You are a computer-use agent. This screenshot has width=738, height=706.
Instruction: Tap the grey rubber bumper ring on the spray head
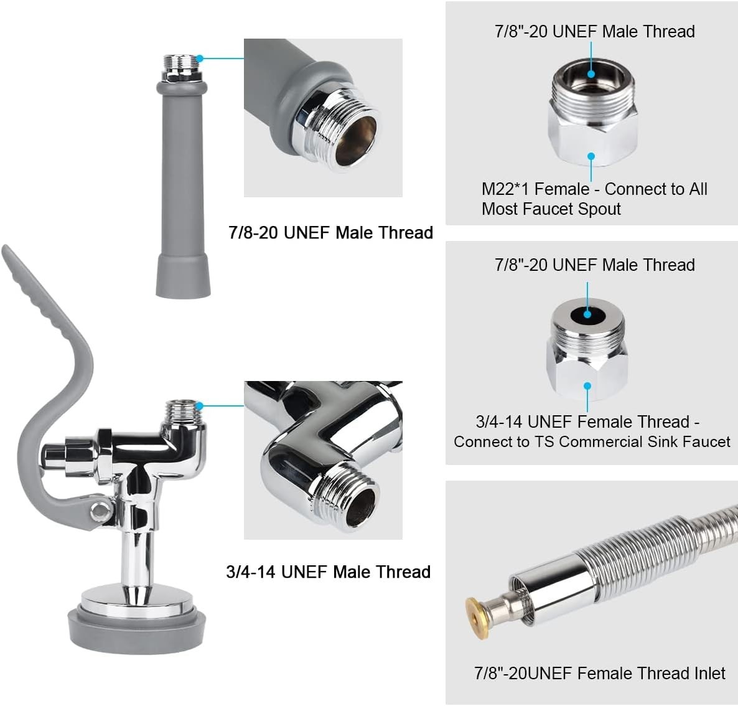coord(137,629)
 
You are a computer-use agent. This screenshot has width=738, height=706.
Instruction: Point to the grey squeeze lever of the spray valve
coord(52,377)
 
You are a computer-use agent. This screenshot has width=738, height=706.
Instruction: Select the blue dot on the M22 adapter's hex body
coord(591,156)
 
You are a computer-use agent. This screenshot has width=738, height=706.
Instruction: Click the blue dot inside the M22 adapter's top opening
coord(591,73)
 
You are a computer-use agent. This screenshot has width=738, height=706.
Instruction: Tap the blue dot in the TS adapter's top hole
coord(587,314)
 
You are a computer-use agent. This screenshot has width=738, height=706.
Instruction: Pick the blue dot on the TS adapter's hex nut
coord(587,386)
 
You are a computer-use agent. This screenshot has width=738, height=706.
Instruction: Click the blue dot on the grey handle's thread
coord(200,59)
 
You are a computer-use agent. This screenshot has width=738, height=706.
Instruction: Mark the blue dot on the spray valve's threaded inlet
coord(200,405)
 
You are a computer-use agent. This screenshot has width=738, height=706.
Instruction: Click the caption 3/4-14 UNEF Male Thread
coord(328,572)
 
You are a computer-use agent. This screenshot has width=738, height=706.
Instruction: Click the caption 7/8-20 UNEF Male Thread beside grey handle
coord(330,233)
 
